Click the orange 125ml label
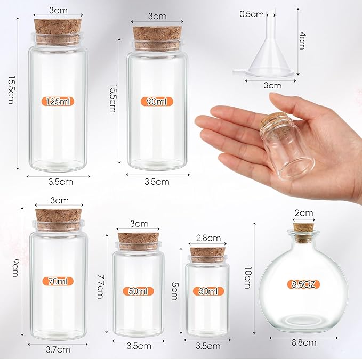[x=59, y=101]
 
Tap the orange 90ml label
[x=157, y=101]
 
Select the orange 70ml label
[x=59, y=281]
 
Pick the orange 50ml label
[x=139, y=291]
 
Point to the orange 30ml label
[x=208, y=291]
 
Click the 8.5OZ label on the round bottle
[x=303, y=284]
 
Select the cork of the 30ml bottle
[x=208, y=254]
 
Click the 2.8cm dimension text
[x=208, y=238]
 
